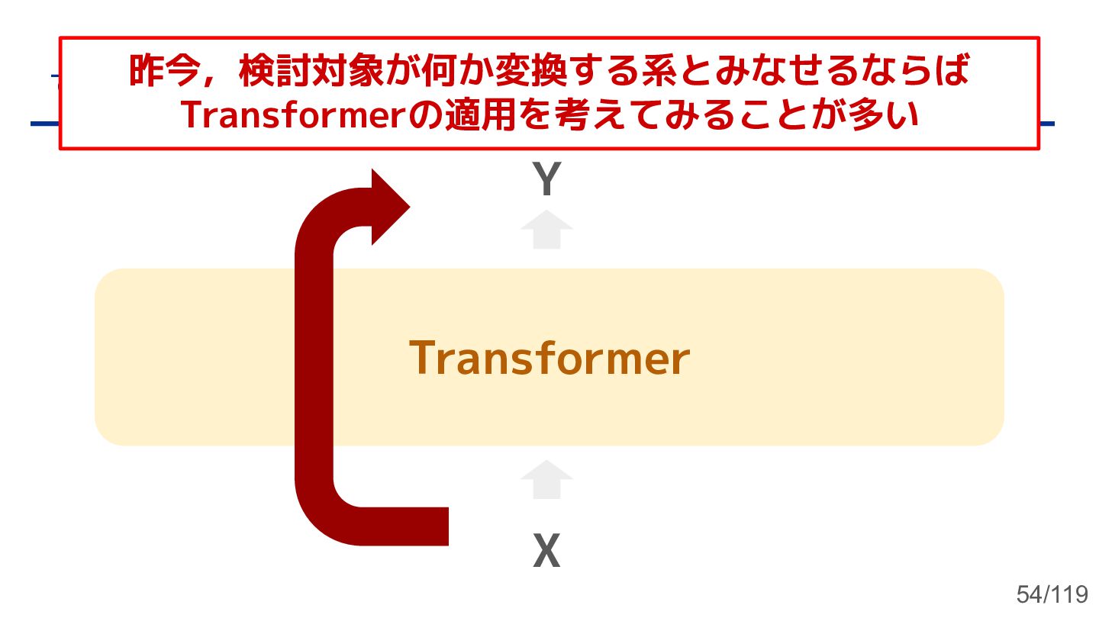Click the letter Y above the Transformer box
(546, 180)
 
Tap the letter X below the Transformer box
(546, 551)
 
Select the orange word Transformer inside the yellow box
(549, 358)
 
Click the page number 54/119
(1052, 594)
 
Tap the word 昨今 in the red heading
(157, 72)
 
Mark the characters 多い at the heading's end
(890, 115)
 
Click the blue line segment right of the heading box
(1047, 124)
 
